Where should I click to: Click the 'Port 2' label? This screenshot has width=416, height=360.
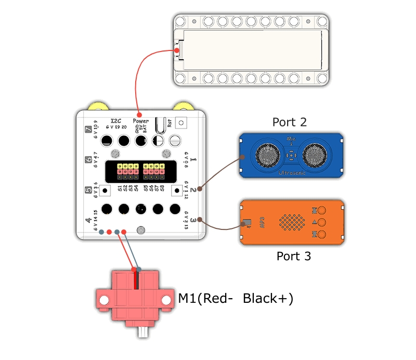pyautogui.click(x=290, y=122)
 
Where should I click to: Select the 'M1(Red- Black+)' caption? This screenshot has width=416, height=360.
pyautogui.click(x=236, y=299)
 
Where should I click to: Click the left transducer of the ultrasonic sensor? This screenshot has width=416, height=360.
pyautogui.click(x=266, y=153)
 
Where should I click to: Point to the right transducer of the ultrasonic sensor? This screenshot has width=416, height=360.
pyautogui.click(x=317, y=154)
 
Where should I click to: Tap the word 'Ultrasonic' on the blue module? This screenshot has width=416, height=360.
pyautogui.click(x=292, y=171)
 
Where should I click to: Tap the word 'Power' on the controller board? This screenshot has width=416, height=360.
pyautogui.click(x=140, y=120)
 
